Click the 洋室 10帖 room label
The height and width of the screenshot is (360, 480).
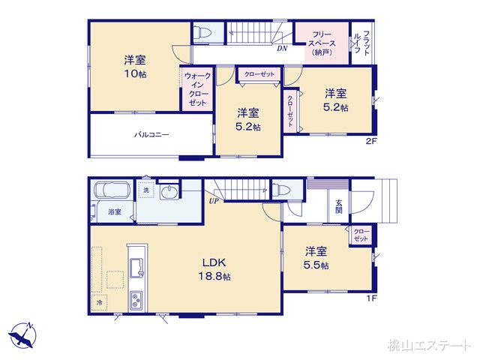coord(134,68)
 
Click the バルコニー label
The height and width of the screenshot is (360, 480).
coord(151,135)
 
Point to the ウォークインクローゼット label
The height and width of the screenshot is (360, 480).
coord(198,89)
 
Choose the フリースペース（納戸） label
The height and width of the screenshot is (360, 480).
coord(322,43)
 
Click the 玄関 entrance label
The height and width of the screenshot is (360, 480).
coord(338,207)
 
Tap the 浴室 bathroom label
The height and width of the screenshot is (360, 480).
coord(114,212)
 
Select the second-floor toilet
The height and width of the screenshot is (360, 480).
coord(202,32)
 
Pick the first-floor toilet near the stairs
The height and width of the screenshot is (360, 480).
coord(282,190)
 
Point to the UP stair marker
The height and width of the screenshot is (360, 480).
coord(214,201)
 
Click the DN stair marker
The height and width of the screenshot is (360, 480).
coord(282,49)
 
